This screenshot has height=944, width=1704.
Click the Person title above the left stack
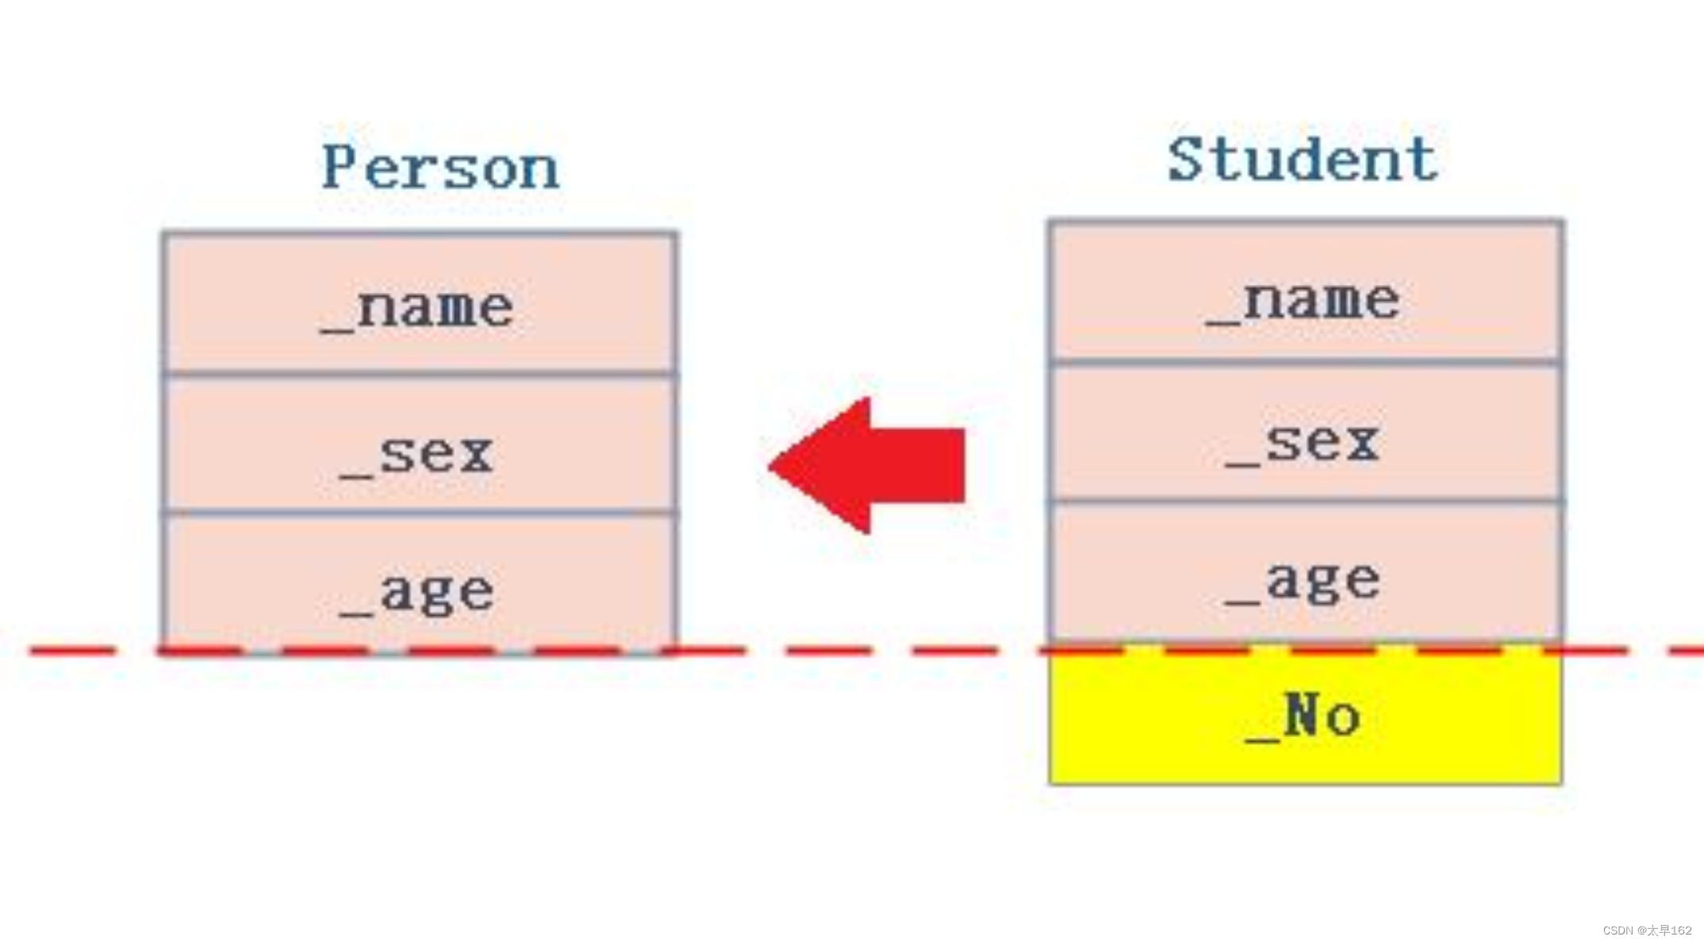440,167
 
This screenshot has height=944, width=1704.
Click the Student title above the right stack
1303,159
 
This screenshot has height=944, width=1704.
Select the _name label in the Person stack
418,309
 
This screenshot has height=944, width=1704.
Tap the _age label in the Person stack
418,593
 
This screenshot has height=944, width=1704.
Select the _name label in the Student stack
1303,302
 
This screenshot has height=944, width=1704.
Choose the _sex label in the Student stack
1303,443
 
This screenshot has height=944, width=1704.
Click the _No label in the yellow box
1303,716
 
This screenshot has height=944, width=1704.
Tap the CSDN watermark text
1647,931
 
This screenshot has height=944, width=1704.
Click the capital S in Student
1187,159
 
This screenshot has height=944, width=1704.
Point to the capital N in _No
1303,714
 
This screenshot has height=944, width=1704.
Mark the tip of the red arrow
771,466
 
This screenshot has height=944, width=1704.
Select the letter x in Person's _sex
477,455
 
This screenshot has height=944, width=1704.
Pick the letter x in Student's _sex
1362,443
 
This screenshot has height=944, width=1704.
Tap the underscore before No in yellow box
1263,739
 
